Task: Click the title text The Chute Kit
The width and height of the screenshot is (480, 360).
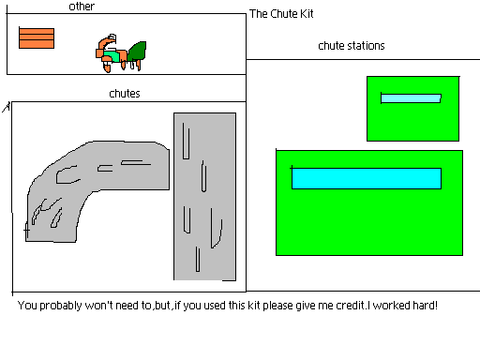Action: [281, 14]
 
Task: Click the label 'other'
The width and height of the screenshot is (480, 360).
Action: [82, 7]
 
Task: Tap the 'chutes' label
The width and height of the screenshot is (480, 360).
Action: [125, 93]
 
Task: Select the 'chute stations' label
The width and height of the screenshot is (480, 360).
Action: [351, 45]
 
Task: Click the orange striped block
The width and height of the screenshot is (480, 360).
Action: [37, 37]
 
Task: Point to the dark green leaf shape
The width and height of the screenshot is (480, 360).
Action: [138, 51]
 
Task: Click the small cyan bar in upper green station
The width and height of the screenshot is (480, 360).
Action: [411, 97]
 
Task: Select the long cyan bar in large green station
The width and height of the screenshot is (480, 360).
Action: [366, 178]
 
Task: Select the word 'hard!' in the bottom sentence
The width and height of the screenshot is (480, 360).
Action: [423, 306]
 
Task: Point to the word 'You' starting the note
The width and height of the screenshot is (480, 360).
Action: [28, 306]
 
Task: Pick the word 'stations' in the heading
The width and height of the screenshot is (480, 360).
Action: [365, 45]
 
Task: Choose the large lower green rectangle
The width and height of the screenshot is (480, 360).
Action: [368, 225]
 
